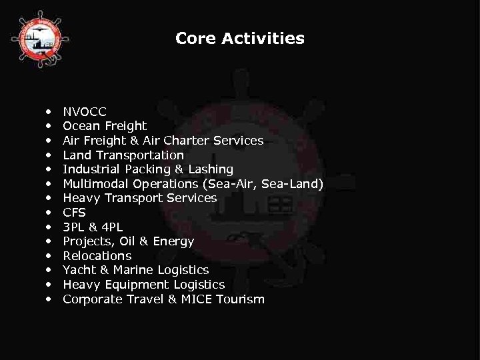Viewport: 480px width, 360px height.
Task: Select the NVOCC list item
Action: click(x=85, y=111)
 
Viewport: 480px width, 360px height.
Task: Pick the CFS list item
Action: click(x=75, y=213)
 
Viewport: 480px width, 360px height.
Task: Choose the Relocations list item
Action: click(x=97, y=256)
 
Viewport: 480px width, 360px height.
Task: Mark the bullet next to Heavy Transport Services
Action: click(x=49, y=199)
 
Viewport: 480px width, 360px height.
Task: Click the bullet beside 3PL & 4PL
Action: click(x=49, y=227)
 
